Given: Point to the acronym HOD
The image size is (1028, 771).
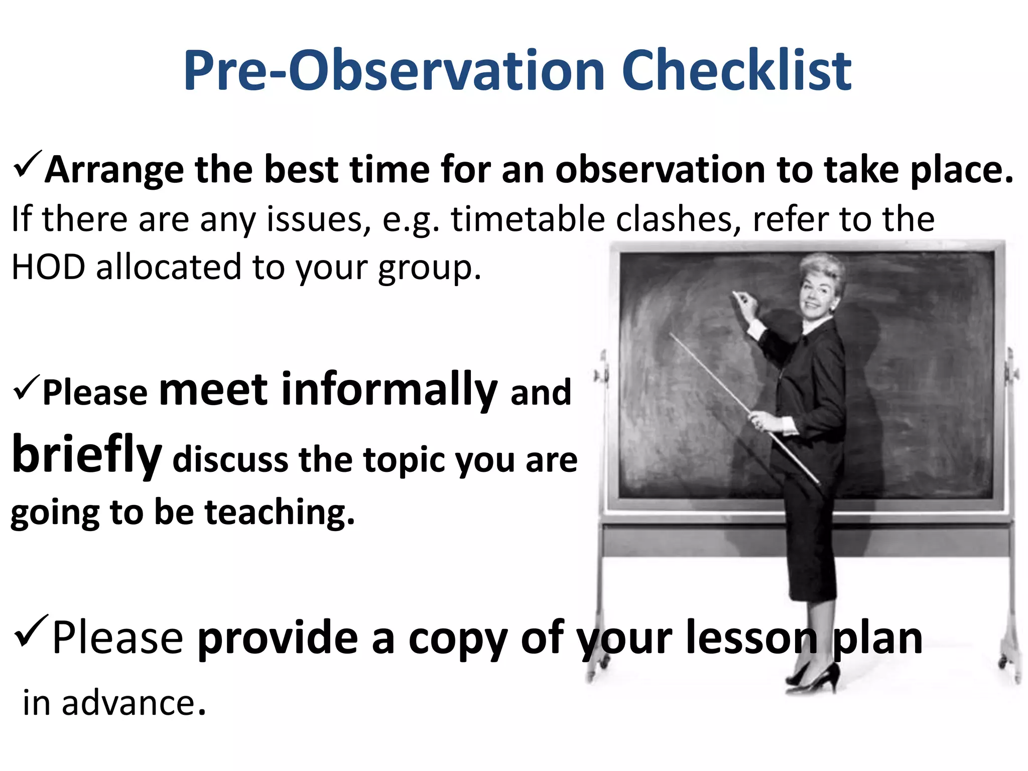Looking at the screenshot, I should click(x=48, y=267).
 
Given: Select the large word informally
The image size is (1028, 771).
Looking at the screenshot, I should click(x=389, y=391).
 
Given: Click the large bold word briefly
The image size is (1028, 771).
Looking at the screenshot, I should click(x=86, y=454).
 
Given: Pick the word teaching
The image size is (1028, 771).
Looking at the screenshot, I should click(x=280, y=512).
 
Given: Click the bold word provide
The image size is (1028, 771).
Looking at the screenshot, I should click(x=277, y=638).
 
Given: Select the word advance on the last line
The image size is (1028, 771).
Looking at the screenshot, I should click(x=128, y=703).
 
